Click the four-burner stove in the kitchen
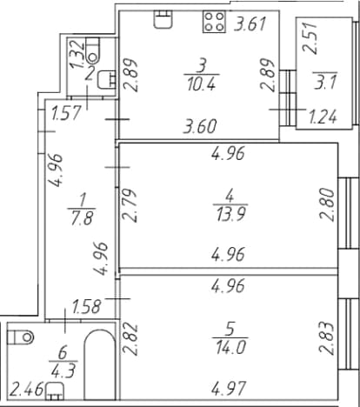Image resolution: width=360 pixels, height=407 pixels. pos(215,22)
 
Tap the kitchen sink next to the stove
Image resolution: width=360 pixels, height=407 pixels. pos(163,19)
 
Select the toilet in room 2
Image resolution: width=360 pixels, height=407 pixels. pos(92,50)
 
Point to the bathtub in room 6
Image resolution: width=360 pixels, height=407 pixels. pos(99,364)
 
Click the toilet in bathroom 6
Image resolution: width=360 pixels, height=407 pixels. pos(20,337)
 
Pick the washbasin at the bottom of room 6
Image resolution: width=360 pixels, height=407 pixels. pos(55,391)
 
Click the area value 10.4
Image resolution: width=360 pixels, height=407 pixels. pos(201,85)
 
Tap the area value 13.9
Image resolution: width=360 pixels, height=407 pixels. pos(230,215)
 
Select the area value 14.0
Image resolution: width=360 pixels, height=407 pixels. pos(230,347)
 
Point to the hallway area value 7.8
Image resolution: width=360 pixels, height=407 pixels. pos(82,218)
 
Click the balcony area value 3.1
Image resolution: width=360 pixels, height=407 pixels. pos(325,83)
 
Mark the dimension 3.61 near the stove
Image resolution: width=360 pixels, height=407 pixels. pos(250,23)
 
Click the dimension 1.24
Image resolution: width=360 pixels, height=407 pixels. pos(323,117)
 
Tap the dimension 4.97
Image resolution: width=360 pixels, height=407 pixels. pos(229,388)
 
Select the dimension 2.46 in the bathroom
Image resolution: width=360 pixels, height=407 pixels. pos(26,390)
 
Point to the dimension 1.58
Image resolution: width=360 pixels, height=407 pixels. pos(87,307)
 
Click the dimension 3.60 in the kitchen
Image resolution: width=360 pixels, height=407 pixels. pos(200,126)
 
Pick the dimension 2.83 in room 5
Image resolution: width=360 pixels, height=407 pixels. pos(328,337)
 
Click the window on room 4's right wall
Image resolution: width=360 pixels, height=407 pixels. pos(349,213)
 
